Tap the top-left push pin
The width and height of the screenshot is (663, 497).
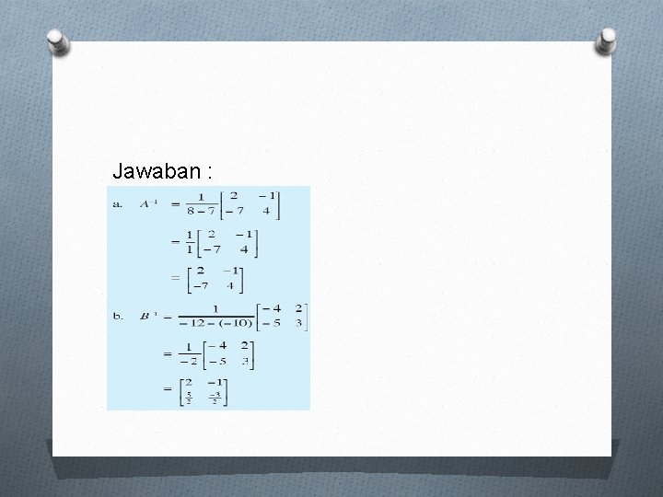click(58, 41)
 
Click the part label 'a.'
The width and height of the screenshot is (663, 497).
click(117, 204)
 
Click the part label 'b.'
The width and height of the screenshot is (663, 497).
click(118, 316)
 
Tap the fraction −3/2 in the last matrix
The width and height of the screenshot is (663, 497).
click(215, 398)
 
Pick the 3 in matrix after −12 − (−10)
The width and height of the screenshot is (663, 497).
click(300, 324)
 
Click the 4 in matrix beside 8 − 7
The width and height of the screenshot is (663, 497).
click(266, 212)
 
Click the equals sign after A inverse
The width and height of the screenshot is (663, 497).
click(174, 204)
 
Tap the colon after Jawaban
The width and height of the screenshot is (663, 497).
click(211, 172)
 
